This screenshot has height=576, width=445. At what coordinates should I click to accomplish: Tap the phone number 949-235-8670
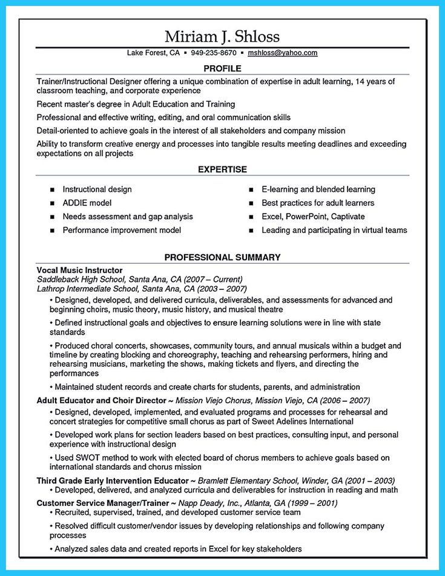coord(213,53)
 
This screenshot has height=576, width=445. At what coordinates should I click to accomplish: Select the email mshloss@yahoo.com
coord(283,53)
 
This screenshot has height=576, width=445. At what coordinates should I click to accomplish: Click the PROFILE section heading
coord(222,68)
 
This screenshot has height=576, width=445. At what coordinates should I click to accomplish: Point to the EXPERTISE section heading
coord(222,169)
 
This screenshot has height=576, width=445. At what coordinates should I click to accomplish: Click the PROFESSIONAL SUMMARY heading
coord(222,257)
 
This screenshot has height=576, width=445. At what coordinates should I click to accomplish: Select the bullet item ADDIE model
coord(87,203)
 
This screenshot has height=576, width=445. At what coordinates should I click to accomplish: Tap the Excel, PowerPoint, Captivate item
coord(313,217)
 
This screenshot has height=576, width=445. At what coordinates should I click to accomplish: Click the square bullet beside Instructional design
coord(52,190)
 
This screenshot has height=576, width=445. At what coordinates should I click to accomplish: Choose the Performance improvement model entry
coord(122,231)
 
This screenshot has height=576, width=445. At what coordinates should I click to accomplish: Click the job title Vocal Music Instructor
coord(79,270)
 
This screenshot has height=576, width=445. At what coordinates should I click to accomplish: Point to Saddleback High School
coord(81,280)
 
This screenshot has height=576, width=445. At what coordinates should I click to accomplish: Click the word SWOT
coord(87,457)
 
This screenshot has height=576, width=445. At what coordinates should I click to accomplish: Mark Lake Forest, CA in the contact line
coord(153,53)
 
